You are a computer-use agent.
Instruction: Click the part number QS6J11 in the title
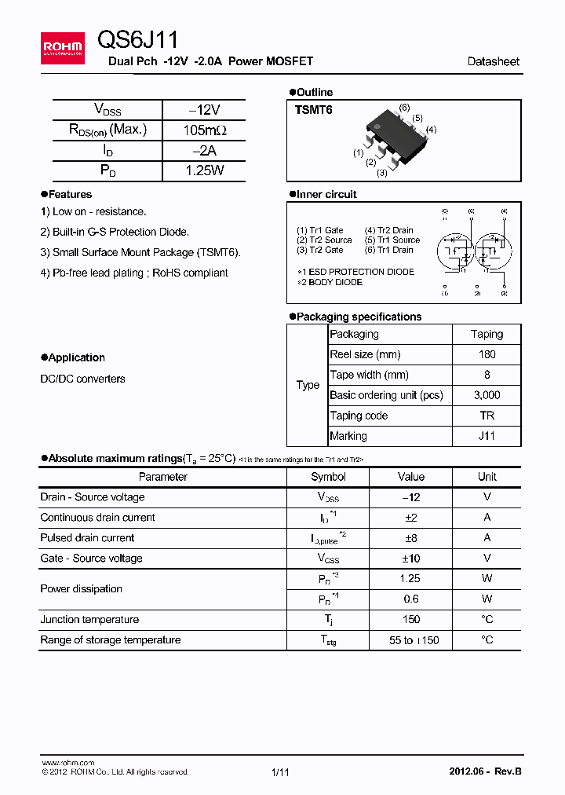[x=138, y=40]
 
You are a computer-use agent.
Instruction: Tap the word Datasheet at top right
[x=493, y=61]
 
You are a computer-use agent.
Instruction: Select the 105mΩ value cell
[x=203, y=130]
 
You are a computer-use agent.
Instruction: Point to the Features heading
[x=70, y=194]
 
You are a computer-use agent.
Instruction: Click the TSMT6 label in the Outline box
[x=314, y=110]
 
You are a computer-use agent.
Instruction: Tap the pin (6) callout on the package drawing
[x=404, y=107]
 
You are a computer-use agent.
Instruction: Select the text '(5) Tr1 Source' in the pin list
[x=392, y=240]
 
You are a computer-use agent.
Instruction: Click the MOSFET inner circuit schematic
[x=473, y=251]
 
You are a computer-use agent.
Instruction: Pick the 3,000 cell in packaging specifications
[x=487, y=395]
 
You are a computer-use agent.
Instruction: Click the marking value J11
[x=487, y=436]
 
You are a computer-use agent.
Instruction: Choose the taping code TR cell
[x=487, y=416]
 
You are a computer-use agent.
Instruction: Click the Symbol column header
[x=328, y=477]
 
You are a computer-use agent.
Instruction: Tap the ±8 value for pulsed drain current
[x=410, y=538]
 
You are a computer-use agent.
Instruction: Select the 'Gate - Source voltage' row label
[x=92, y=559]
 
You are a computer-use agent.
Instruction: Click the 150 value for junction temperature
[x=410, y=620]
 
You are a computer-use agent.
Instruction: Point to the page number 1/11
[x=280, y=772]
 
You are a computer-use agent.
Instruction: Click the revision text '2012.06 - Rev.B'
[x=484, y=771]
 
